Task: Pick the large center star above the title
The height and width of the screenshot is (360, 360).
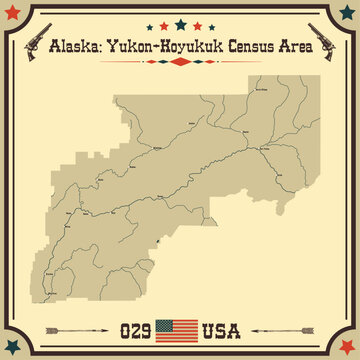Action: pyautogui.click(x=180, y=22)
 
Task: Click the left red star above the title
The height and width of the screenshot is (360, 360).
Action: pyautogui.click(x=162, y=25)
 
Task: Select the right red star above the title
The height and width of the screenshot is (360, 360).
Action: pyautogui.click(x=198, y=25)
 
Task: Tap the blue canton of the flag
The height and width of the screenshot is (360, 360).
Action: pyautogui.click(x=170, y=324)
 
